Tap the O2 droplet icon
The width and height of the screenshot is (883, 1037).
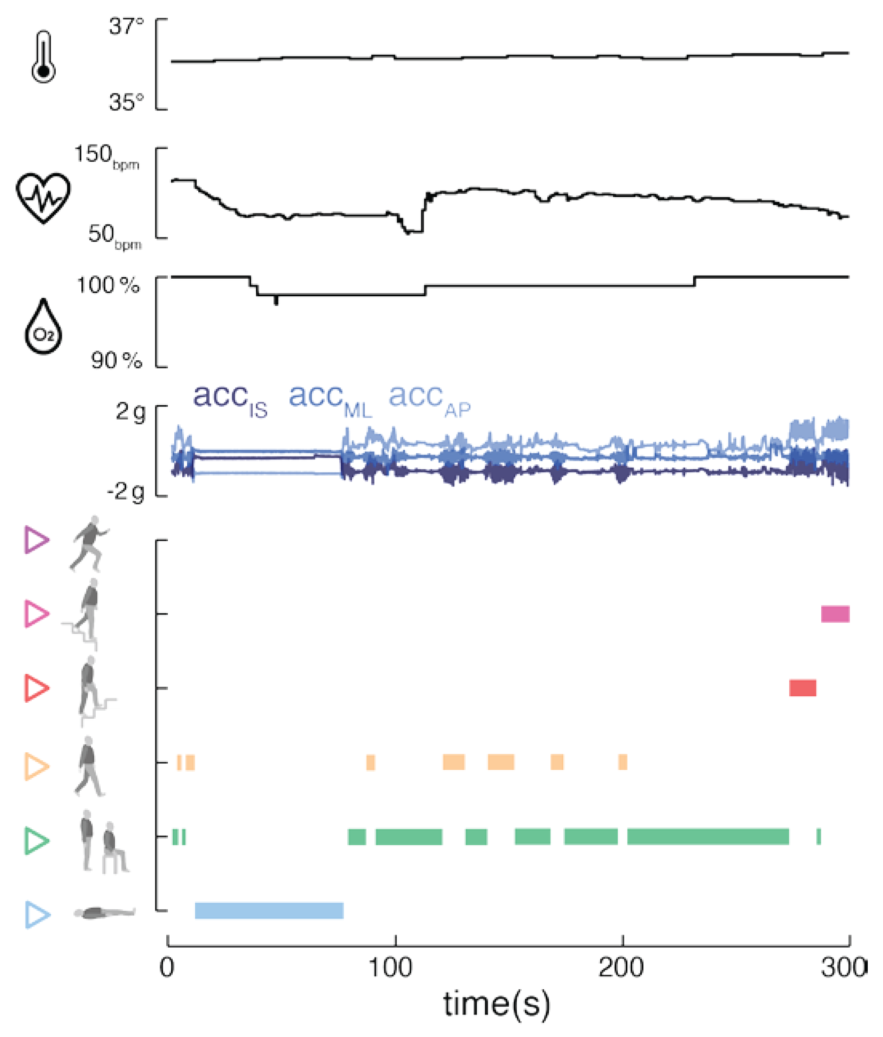click(x=44, y=327)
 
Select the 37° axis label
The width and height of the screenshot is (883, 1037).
click(x=126, y=26)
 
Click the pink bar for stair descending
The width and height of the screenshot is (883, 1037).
click(x=835, y=614)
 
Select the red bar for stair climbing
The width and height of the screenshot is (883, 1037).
click(x=802, y=688)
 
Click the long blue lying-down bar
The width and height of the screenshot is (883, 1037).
click(x=269, y=910)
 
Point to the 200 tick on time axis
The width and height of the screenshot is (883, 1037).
click(x=621, y=968)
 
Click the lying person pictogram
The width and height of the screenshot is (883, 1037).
click(x=104, y=913)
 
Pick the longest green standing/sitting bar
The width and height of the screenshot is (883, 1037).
click(x=708, y=836)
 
